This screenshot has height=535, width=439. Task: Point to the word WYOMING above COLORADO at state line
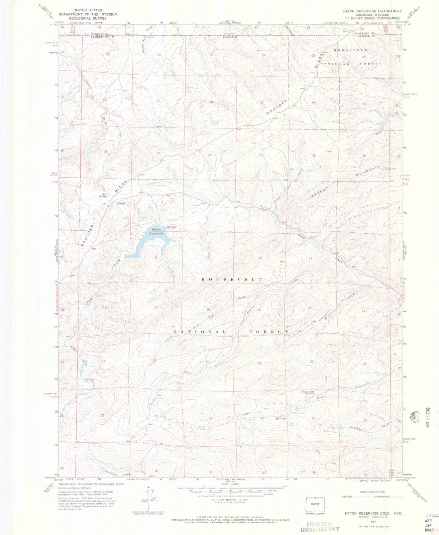click(230, 34)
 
